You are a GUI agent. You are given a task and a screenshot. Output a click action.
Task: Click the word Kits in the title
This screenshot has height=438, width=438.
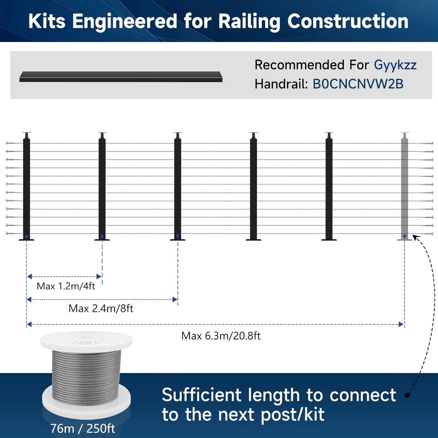click(x=47, y=21)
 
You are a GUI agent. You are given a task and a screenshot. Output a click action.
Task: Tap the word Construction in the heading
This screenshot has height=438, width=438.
click(x=348, y=21)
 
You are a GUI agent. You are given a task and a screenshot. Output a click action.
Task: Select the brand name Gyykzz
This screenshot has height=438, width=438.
click(x=395, y=65)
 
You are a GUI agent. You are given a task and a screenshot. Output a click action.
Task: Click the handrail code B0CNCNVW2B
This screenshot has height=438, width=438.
click(x=358, y=84)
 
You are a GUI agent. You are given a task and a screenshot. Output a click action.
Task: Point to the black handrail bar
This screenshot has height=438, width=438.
click(x=121, y=77)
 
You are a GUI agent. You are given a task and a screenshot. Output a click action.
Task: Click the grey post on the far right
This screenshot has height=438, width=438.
click(x=404, y=187)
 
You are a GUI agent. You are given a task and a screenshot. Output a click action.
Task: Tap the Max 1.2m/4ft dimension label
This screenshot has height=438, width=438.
click(x=66, y=286)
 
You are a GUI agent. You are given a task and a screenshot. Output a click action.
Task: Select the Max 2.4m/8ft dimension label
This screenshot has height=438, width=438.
click(x=101, y=308)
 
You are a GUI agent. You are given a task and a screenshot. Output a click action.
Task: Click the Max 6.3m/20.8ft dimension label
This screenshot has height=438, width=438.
click(x=221, y=336)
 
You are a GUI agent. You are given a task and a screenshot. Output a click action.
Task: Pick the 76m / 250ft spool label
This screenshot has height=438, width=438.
click(x=83, y=429)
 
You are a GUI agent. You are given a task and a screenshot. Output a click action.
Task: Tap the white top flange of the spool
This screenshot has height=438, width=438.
click(x=86, y=340)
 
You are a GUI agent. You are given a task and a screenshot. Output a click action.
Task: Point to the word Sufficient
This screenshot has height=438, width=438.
click(x=201, y=395)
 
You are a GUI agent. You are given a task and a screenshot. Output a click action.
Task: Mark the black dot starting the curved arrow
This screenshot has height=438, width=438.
click(x=408, y=395)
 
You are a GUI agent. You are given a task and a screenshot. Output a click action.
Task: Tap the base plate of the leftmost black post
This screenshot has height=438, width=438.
click(x=27, y=240)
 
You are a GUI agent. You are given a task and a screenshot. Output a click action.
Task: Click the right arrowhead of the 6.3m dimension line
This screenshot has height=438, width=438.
click(x=401, y=324)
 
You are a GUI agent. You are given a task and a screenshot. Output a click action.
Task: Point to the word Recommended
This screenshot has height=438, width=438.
click(x=300, y=65)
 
